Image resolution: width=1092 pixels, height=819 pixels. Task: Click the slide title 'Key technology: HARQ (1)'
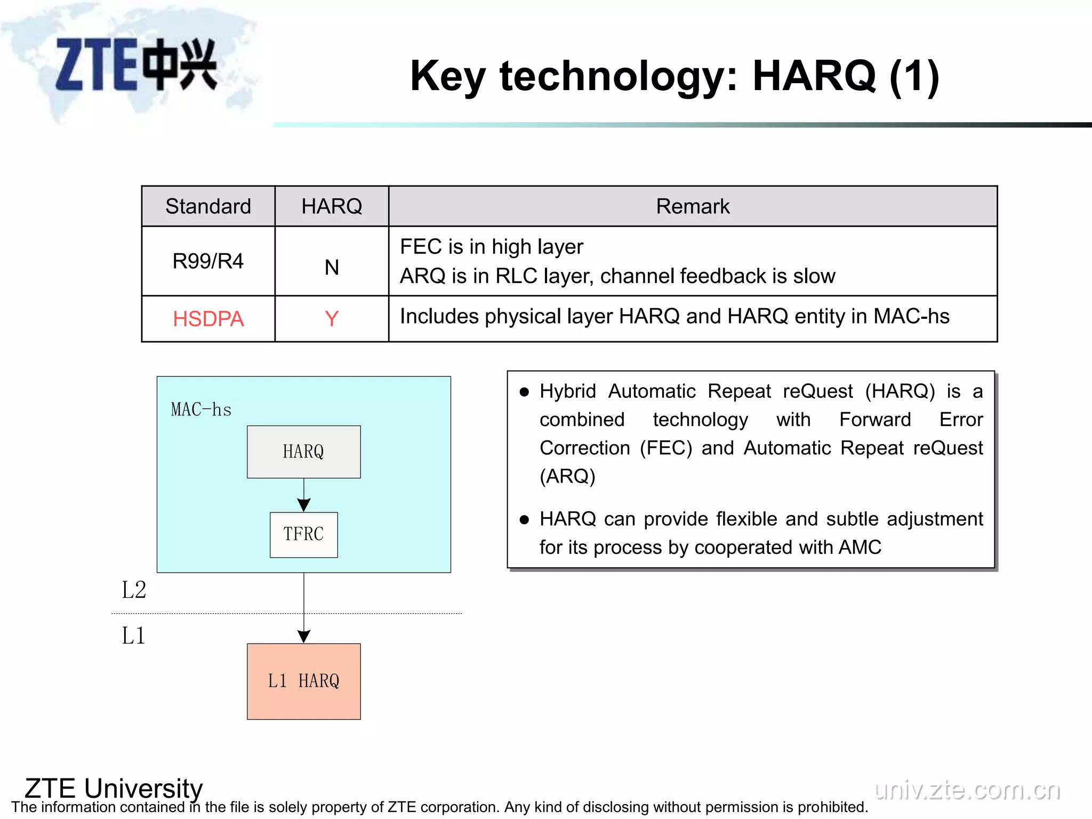pos(674,76)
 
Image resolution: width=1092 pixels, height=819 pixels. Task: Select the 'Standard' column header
pos(208,206)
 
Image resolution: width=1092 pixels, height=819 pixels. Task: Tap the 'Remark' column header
pos(692,206)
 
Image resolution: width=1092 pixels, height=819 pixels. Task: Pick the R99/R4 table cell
pos(208,261)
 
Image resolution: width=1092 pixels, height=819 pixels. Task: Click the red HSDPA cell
pos(208,319)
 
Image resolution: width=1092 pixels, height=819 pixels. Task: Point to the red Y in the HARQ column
pos(332,319)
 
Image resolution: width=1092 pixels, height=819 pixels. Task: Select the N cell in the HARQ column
pos(332,267)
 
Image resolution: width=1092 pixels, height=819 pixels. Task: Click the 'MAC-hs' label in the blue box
pos(201,409)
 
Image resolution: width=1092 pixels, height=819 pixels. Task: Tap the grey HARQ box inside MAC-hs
pos(303,452)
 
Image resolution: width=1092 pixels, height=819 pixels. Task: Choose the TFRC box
pos(303,534)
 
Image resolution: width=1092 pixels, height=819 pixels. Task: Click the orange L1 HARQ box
pos(303,681)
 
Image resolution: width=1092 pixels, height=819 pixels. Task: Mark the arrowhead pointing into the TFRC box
pos(304,504)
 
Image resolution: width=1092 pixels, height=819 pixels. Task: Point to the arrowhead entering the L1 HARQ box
pos(304,636)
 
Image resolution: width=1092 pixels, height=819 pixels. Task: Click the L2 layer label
pos(134,590)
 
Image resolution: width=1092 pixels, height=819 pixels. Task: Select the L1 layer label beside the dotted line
pos(133,636)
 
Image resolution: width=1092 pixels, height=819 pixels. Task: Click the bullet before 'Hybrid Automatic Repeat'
pos(524,392)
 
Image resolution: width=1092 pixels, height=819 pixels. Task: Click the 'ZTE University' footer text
pos(114,788)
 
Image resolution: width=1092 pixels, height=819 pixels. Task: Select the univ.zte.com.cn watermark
pos(967,790)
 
